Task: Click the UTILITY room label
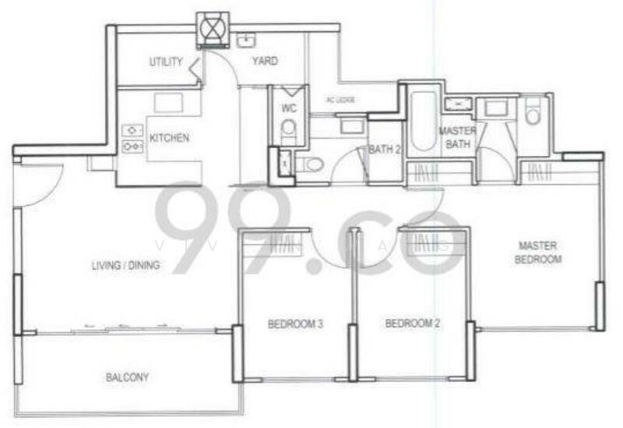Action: tap(166, 62)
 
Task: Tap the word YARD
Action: tap(265, 61)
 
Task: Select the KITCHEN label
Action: tap(169, 138)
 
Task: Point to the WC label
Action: tap(289, 108)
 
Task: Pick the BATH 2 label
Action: tap(384, 150)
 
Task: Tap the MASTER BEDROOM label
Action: tap(537, 252)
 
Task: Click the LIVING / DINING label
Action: tap(125, 265)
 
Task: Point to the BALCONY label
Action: tap(127, 377)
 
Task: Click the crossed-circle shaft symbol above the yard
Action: tap(212, 27)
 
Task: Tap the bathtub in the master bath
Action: tap(424, 121)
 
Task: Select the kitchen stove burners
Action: tap(132, 138)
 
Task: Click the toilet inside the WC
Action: tap(289, 128)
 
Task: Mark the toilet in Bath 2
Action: tap(312, 164)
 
